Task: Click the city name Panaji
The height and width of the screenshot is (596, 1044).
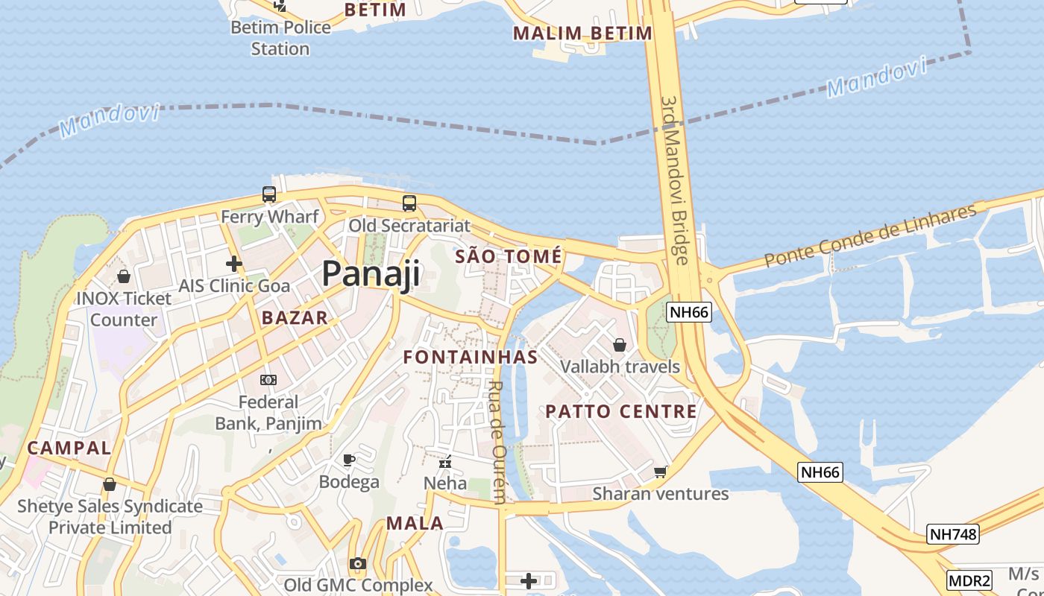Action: point(371,274)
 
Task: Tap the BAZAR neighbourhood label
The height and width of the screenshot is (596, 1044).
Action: point(295,318)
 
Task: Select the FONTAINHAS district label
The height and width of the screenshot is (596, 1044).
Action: point(471,357)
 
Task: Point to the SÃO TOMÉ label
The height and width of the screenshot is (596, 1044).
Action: point(508,257)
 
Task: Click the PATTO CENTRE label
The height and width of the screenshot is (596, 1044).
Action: point(621,411)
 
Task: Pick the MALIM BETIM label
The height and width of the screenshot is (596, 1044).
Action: point(582,34)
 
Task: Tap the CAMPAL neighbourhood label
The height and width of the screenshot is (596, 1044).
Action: point(69,448)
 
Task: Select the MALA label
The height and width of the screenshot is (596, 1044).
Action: point(415,524)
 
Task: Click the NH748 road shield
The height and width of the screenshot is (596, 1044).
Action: point(953,533)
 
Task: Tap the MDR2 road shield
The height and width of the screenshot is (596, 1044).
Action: point(969,580)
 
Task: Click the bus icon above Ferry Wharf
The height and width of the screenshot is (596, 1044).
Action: point(269,194)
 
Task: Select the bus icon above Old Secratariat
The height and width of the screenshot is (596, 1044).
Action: point(409,203)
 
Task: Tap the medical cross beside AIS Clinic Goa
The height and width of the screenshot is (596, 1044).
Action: point(234,264)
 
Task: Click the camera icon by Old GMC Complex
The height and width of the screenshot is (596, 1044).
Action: point(358,564)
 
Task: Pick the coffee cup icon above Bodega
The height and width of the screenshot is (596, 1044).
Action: point(348,460)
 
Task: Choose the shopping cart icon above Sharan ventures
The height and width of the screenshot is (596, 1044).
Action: point(660,472)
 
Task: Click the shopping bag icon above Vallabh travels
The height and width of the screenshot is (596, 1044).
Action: point(619,345)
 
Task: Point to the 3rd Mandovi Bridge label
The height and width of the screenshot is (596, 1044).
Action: point(675,179)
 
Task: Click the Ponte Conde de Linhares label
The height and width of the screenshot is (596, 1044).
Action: point(870,236)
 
